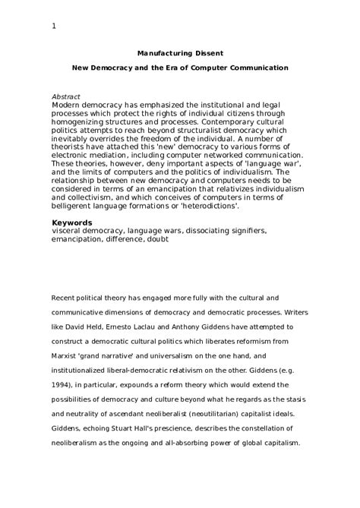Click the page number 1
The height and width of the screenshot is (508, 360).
pyautogui.click(x=54, y=27)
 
